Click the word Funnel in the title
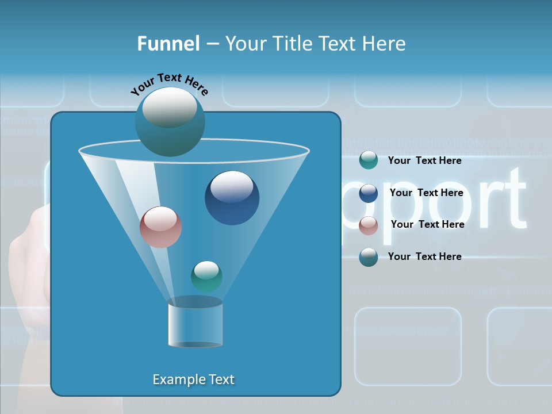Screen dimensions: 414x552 (168, 44)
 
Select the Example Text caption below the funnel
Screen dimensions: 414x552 (193, 379)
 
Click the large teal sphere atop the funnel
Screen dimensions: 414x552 (170, 122)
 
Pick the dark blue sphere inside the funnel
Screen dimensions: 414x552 (232, 198)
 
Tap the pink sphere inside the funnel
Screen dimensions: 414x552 (160, 227)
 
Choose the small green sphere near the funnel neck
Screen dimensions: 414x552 (206, 276)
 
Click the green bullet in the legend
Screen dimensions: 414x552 (368, 160)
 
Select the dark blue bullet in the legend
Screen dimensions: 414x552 (368, 193)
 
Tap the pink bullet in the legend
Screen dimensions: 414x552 (368, 225)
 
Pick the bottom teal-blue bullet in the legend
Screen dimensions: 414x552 (368, 257)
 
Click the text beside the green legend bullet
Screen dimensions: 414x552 (424, 160)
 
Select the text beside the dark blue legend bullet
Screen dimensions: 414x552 (426, 193)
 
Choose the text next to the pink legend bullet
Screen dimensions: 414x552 (427, 224)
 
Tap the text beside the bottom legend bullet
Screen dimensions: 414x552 (424, 256)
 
